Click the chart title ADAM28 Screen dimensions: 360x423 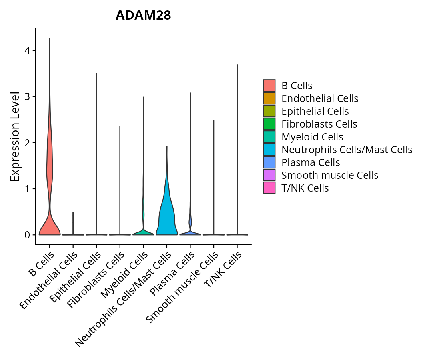pyautogui.click(x=143, y=15)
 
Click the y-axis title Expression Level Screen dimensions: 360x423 pyautogui.click(x=15, y=136)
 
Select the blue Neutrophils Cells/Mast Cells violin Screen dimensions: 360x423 pyautogui.click(x=166, y=216)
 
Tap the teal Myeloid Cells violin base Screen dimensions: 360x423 pyautogui.click(x=143, y=232)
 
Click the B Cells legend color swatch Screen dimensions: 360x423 pyautogui.click(x=269, y=86)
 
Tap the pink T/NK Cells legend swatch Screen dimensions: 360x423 pyautogui.click(x=269, y=188)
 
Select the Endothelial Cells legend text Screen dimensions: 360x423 pyautogui.click(x=320, y=98)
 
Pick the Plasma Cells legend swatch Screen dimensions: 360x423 pyautogui.click(x=269, y=162)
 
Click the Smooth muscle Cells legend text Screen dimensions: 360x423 pyautogui.click(x=330, y=175)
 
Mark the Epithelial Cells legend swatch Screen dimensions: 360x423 pyautogui.click(x=269, y=111)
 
